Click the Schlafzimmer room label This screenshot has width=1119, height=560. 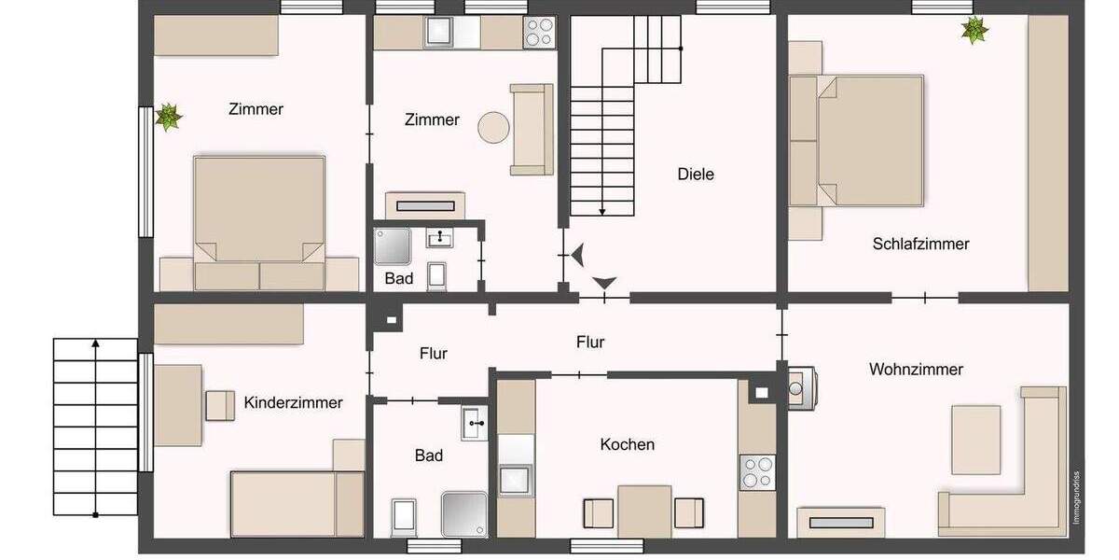point(920,245)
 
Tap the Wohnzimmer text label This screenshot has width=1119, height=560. point(916,370)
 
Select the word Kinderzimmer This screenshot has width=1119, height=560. point(293,403)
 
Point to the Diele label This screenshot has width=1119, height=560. point(695,174)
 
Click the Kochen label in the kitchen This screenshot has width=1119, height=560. point(627,445)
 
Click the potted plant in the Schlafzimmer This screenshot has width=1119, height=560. point(974,31)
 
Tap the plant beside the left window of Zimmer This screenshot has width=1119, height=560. point(169,118)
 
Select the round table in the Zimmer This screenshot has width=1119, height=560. point(493,126)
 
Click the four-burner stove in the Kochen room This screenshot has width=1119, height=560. point(757,471)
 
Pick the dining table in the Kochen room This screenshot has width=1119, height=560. point(643,511)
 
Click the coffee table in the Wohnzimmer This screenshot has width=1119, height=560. point(976,439)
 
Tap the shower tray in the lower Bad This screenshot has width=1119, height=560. point(463,514)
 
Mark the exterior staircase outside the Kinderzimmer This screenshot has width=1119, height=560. point(95,427)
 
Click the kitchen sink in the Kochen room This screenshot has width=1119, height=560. point(515,480)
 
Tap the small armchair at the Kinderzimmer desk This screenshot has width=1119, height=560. point(220,405)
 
